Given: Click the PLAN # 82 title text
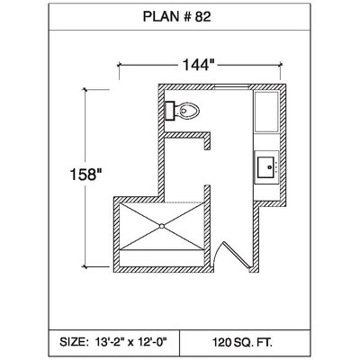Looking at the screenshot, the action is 176,17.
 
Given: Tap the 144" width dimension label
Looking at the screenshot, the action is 199,65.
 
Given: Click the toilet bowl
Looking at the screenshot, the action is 187,111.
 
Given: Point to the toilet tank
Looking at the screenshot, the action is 170,111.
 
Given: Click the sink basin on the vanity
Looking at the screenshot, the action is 266,167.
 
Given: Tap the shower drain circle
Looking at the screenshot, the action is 162,226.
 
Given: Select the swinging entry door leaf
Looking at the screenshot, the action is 236,255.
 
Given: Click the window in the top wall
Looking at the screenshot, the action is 232,87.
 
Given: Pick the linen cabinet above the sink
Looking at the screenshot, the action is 266,112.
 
